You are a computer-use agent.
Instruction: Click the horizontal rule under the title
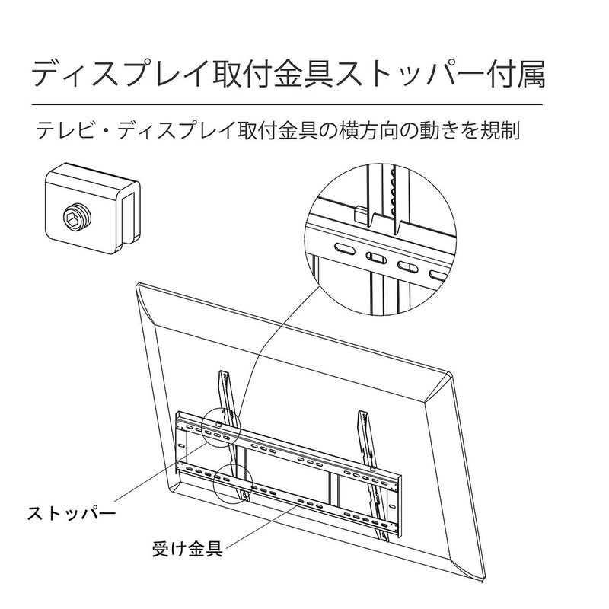click(288, 104)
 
